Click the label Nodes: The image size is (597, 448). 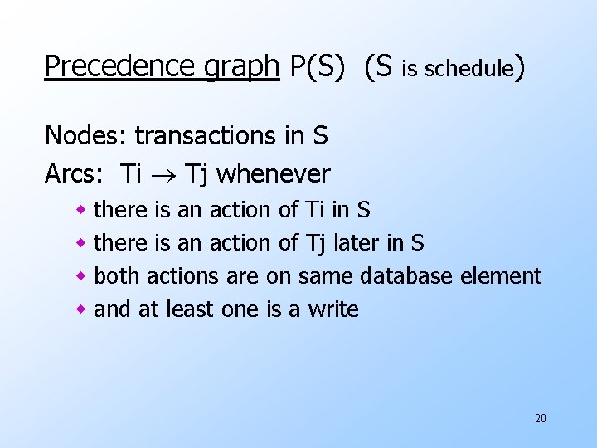(86, 134)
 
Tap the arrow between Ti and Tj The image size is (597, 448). (163, 175)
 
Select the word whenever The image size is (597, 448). (273, 174)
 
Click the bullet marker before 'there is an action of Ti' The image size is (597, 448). (81, 211)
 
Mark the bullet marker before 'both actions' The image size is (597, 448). (81, 277)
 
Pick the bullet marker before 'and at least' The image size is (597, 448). (81, 310)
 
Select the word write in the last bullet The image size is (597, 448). (333, 309)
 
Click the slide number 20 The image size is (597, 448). (541, 418)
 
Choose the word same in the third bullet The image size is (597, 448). (326, 276)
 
